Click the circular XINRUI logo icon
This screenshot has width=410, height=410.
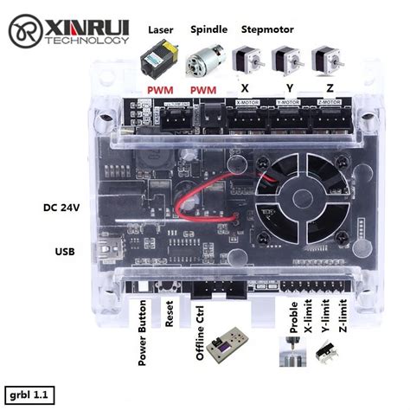coord(26,34)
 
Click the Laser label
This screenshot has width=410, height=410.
coord(161,30)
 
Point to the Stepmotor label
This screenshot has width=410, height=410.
coord(267,30)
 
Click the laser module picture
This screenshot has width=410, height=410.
coord(161,60)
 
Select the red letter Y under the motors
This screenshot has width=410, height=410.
coord(287,90)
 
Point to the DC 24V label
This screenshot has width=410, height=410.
coord(62,208)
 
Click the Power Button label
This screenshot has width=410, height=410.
coord(144,333)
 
